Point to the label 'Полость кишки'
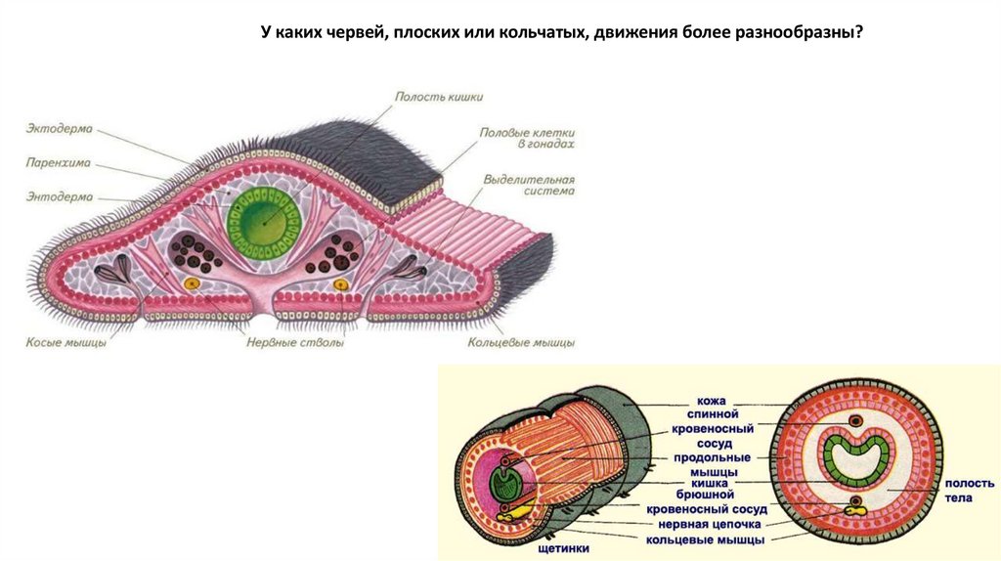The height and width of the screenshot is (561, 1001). click(x=439, y=97)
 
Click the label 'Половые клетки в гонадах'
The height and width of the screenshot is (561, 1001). click(x=526, y=137)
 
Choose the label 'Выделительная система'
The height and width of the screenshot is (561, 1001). click(x=528, y=186)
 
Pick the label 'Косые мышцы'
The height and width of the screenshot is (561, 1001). click(x=65, y=343)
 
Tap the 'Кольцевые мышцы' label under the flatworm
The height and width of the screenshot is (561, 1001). click(x=521, y=343)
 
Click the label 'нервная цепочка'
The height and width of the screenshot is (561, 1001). click(x=704, y=524)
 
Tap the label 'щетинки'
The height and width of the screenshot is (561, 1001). click(x=563, y=548)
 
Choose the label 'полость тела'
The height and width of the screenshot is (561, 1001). click(x=970, y=491)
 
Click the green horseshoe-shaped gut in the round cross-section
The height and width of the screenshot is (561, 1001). click(x=856, y=456)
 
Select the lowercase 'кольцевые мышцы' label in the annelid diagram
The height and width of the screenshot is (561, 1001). click(x=705, y=539)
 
